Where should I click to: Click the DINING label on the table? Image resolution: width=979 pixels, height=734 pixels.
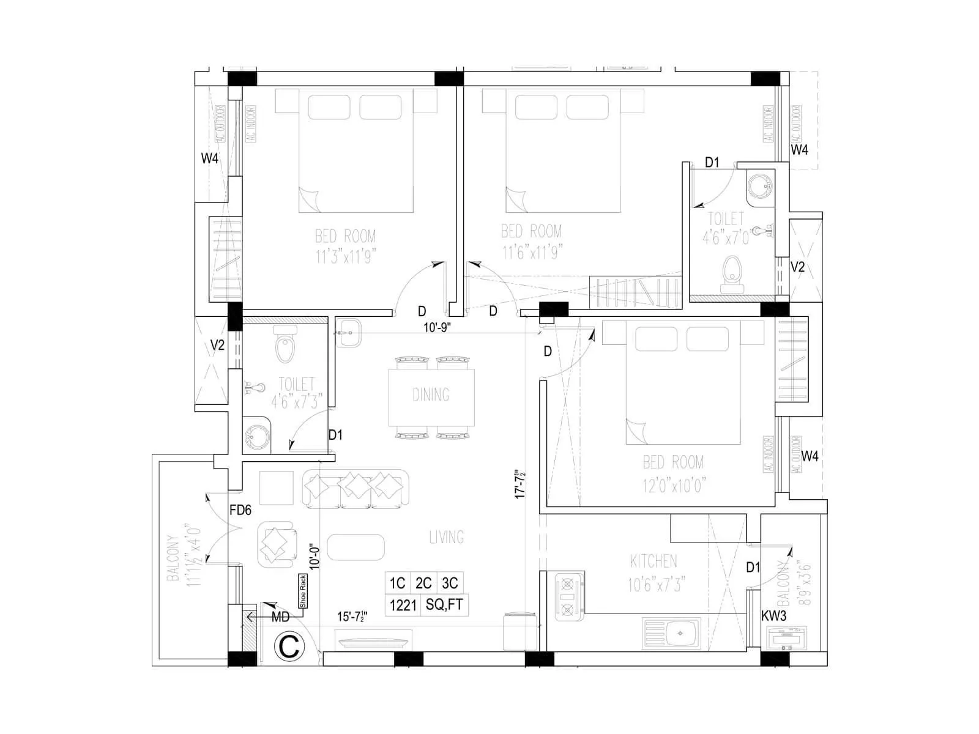click(x=431, y=395)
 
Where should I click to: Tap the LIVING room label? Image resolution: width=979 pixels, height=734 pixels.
click(x=446, y=538)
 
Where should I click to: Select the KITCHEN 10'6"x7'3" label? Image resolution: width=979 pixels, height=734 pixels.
click(x=654, y=573)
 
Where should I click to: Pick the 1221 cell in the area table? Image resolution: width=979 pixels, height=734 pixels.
click(x=402, y=605)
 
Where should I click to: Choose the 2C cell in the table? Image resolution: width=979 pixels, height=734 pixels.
click(x=423, y=583)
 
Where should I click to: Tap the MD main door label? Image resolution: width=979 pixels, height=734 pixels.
click(x=280, y=618)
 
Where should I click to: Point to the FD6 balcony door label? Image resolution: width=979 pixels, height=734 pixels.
click(x=240, y=510)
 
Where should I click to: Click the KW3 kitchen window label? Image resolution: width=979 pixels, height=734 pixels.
click(x=774, y=616)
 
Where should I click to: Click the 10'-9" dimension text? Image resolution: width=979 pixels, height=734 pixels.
click(x=437, y=327)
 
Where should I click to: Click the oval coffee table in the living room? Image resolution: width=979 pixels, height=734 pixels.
click(x=356, y=547)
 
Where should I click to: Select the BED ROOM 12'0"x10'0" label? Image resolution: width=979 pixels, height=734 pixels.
click(x=673, y=474)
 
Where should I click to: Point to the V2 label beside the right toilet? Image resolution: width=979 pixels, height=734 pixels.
click(x=798, y=267)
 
